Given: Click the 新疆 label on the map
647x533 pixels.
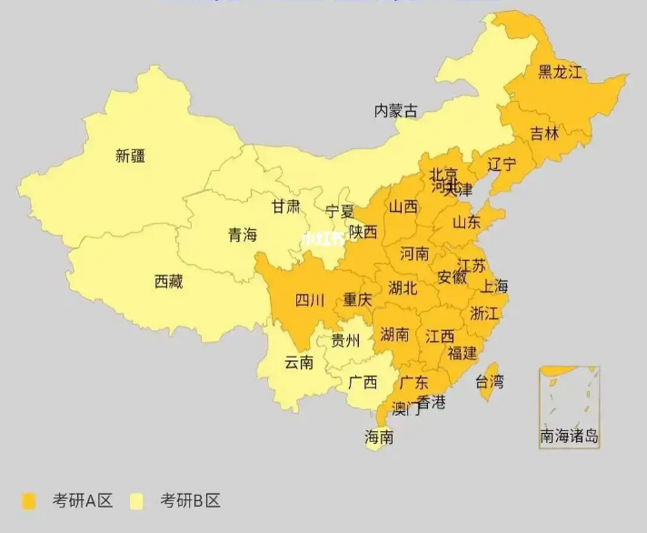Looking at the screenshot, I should [x=130, y=156].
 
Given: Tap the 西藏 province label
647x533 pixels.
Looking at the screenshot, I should [x=168, y=282].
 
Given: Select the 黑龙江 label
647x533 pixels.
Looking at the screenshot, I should [x=559, y=72].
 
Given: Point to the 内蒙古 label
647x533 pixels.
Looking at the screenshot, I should [x=396, y=111].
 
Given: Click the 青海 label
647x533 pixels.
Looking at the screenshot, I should [x=243, y=235].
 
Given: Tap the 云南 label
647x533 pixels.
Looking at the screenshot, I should [x=299, y=362].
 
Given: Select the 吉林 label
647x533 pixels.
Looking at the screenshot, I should [x=544, y=134].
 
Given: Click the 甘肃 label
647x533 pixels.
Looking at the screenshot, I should [x=285, y=206].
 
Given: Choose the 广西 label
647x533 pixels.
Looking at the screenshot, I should [x=363, y=382].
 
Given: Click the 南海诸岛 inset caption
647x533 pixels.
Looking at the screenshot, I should [x=570, y=437].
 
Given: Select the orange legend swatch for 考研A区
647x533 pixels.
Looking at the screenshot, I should [x=30, y=501].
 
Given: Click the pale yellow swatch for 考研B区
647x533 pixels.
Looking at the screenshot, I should [x=138, y=501].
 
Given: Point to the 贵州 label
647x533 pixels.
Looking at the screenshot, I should [x=345, y=341].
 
